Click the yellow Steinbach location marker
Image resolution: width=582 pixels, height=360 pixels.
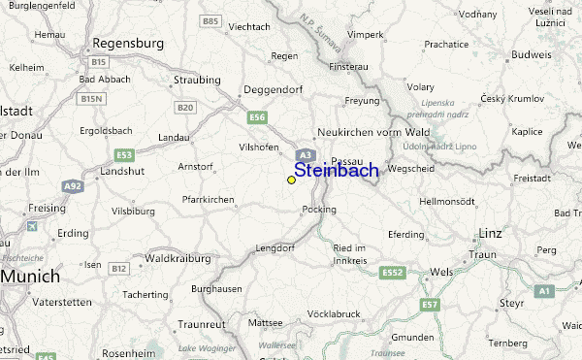[291, 180]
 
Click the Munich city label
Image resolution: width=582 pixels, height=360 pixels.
[30, 277]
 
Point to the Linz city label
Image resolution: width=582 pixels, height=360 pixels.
[492, 234]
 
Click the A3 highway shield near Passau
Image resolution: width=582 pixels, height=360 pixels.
[305, 154]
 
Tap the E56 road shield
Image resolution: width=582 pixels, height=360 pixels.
[257, 117]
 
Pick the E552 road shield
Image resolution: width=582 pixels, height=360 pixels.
[392, 272]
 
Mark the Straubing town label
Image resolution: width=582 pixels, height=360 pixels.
[197, 80]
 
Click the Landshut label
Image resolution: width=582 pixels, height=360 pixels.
[121, 170]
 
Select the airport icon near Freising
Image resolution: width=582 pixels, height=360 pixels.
[34, 226]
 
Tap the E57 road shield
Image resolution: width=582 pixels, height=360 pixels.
[430, 307]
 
